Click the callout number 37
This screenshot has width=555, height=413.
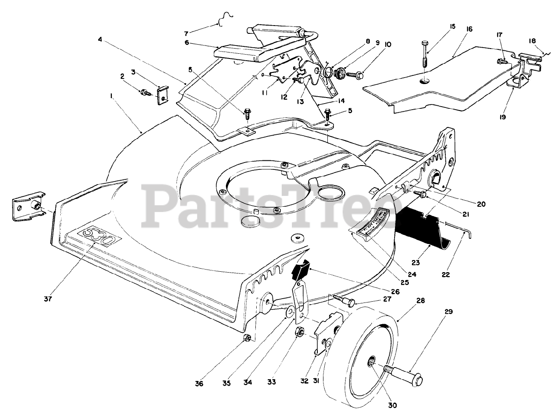click(x=48, y=299)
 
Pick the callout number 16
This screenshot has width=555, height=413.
click(x=470, y=29)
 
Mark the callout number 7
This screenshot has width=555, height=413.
click(x=186, y=33)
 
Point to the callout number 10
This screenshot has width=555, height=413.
click(x=388, y=44)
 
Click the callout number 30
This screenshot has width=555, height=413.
click(x=393, y=406)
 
